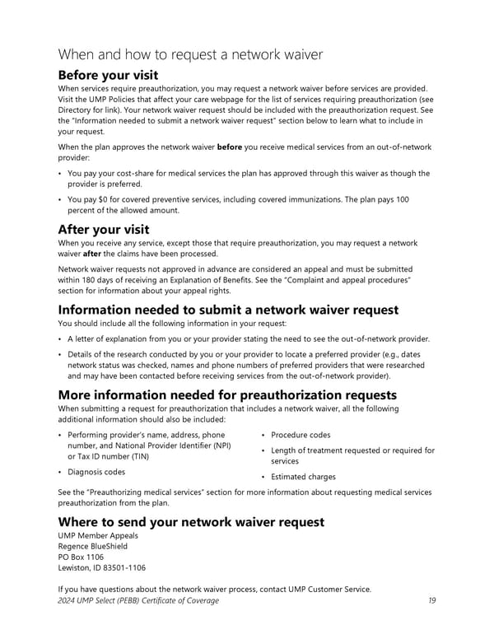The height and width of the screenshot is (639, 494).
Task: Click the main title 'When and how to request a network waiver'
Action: [190, 55]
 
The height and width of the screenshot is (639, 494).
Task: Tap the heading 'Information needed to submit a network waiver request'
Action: [228, 310]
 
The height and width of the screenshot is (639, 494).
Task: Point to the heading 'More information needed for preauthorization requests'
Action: [226, 394]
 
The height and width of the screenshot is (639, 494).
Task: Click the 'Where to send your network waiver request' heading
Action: [190, 522]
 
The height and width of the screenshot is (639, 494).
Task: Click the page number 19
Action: [431, 600]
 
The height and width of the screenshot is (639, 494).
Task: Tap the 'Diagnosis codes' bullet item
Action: [96, 472]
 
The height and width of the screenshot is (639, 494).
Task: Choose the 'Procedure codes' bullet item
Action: [301, 435]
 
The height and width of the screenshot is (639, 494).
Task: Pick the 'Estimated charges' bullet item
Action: [303, 477]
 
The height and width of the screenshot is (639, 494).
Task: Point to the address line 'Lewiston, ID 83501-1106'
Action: [102, 568]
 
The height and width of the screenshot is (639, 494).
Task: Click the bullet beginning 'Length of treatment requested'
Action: [352, 455]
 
